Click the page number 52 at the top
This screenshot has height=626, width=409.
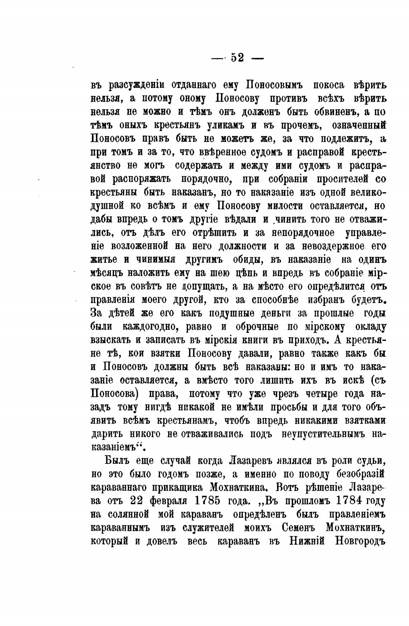(x=238, y=57)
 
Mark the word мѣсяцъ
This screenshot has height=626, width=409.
(x=106, y=273)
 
